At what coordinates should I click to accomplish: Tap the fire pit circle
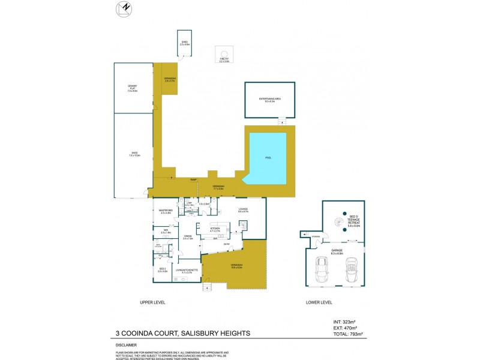pos(224,52)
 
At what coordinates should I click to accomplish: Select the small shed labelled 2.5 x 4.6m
pos(184,43)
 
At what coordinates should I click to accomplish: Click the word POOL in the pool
pos(268,157)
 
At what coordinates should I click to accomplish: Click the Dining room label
pos(187,236)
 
